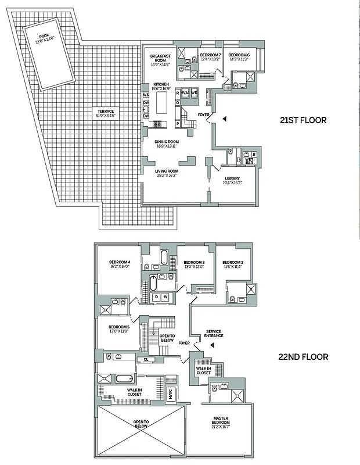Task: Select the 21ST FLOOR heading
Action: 303,120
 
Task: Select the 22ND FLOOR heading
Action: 303,357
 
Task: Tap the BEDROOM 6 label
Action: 239,57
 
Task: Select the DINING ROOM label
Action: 166,144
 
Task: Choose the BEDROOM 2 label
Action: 232,264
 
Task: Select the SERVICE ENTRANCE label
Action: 214,334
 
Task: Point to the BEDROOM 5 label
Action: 120,329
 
